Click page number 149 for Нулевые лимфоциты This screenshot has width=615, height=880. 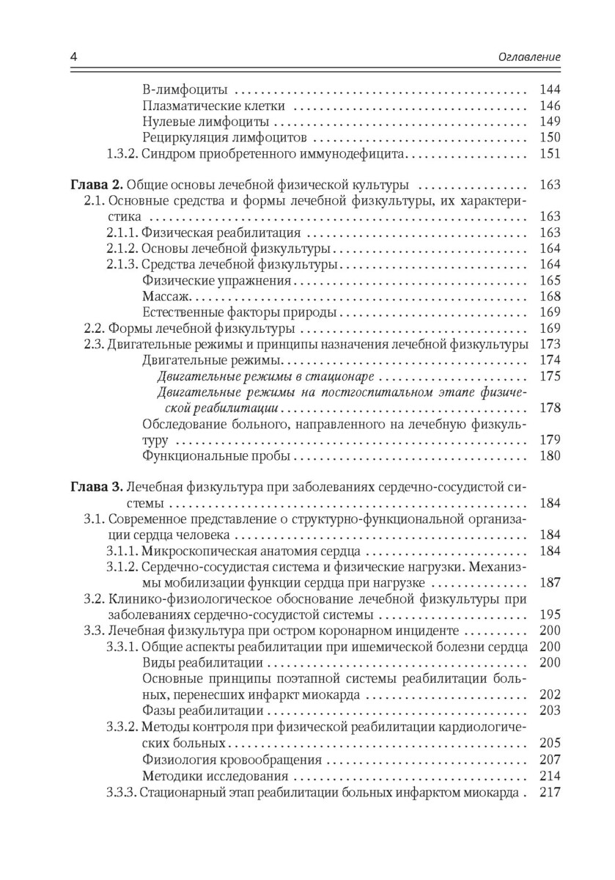[x=549, y=122]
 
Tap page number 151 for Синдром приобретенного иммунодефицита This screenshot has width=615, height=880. [x=549, y=154]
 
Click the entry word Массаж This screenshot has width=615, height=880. [x=166, y=297]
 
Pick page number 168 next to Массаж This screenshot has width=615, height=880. [x=549, y=297]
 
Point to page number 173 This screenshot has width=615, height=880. [x=549, y=345]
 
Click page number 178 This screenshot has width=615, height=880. [x=549, y=408]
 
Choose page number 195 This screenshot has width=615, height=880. [x=549, y=615]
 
